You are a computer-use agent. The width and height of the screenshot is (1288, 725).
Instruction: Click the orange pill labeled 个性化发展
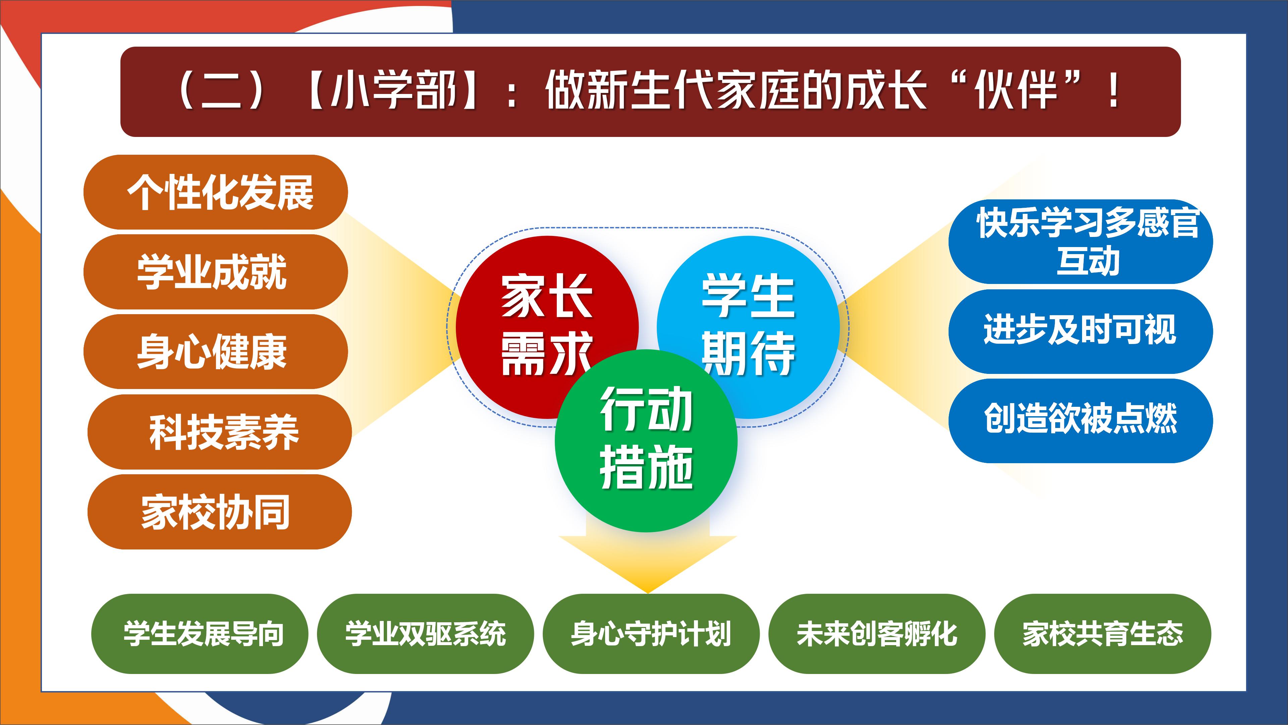pyautogui.click(x=215, y=192)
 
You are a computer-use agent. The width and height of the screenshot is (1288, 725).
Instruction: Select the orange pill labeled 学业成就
pyautogui.click(x=215, y=272)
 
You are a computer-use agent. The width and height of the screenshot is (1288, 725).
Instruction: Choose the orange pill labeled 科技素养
pyautogui.click(x=219, y=432)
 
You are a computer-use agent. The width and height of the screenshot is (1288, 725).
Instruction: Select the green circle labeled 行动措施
pyautogui.click(x=646, y=441)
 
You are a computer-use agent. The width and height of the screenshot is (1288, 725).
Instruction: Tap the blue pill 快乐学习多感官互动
pyautogui.click(x=1080, y=242)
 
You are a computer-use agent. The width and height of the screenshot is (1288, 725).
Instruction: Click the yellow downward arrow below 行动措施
pyautogui.click(x=647, y=561)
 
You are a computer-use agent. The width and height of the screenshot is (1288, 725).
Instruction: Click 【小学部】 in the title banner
pyautogui.click(x=392, y=91)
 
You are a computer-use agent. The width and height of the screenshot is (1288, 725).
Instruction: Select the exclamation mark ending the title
pyautogui.click(x=1114, y=91)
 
